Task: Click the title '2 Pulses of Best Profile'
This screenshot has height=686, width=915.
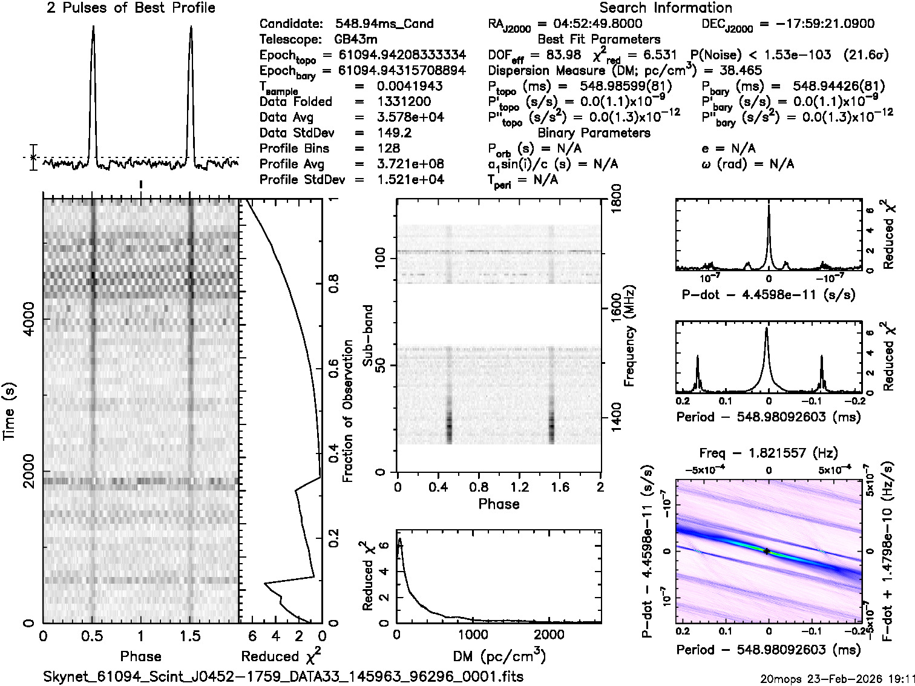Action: pos(131,8)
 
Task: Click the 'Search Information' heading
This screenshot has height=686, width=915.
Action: pos(665,8)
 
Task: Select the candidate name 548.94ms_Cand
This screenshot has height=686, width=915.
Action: pos(384,24)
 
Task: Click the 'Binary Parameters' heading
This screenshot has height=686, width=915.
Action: pos(594,133)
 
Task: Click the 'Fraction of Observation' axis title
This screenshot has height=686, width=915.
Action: pos(348,411)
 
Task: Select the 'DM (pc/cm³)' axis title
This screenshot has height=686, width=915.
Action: pos(499,656)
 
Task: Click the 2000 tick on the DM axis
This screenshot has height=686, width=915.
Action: pos(549,635)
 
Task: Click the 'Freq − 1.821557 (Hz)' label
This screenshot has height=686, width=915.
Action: pos(768,453)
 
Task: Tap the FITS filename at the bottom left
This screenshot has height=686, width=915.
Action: pos(283,676)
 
